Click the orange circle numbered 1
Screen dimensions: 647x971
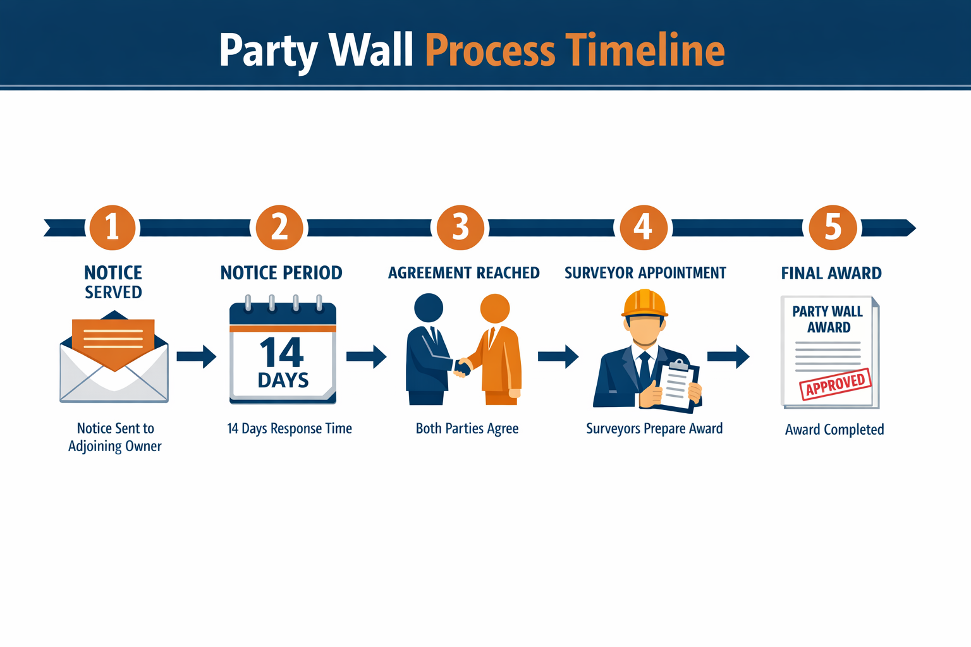coord(113,227)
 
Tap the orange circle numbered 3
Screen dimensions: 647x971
coord(460,227)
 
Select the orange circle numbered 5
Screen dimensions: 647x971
coord(833,227)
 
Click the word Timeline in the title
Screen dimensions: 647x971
coord(645,51)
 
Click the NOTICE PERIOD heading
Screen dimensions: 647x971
coord(281,273)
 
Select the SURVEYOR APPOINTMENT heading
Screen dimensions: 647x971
coord(645,273)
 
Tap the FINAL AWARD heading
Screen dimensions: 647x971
coord(831,273)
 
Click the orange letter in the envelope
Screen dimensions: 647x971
coord(113,341)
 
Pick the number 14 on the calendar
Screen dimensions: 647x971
coord(282,353)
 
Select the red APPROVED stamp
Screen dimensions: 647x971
coord(835,384)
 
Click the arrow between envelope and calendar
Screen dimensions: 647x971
coord(197,356)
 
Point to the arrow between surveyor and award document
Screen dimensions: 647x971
coord(728,356)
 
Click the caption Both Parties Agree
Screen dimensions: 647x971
coord(467,428)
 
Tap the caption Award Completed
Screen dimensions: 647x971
coord(834,430)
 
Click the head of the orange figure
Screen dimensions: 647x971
coord(495,309)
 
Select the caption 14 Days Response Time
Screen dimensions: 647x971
coord(290,428)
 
